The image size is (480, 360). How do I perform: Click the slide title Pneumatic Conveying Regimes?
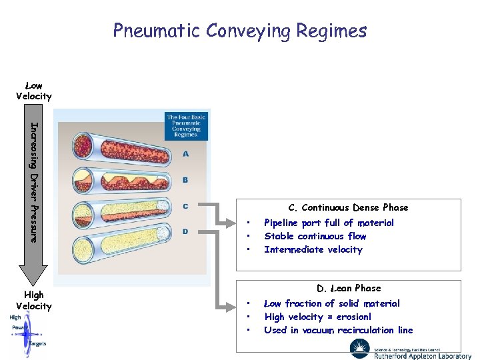tap(240, 31)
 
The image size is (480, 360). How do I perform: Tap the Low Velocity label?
tap(33, 91)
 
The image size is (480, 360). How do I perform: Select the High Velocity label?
tap(33, 300)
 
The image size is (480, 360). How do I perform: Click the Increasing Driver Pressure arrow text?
tap(34, 181)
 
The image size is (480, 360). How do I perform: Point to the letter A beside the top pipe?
tap(185, 154)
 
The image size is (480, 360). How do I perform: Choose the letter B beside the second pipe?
tap(185, 180)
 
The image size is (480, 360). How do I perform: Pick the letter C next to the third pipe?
tap(185, 206)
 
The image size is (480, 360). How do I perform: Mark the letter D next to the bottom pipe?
tap(185, 231)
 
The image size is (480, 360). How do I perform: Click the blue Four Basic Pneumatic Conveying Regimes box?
tap(187, 125)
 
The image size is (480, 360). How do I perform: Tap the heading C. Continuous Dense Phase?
tap(348, 207)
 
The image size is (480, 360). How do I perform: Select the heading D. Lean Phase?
tap(349, 288)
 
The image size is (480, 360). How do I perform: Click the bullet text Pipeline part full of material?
tap(329, 223)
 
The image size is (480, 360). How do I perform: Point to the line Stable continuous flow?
tap(315, 236)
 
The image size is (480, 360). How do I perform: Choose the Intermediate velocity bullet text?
tap(313, 249)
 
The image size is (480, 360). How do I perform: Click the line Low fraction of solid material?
tap(332, 303)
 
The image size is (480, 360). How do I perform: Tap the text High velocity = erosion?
tap(317, 317)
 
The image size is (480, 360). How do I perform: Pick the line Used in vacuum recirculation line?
tap(338, 330)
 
